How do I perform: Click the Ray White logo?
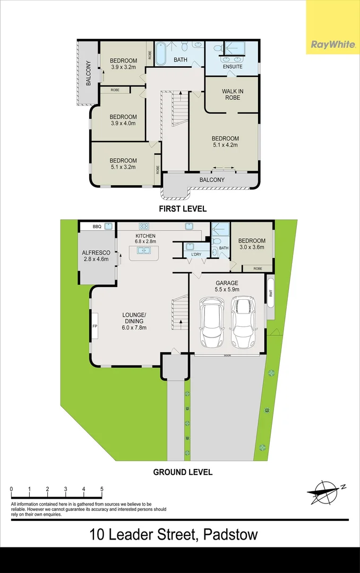333,45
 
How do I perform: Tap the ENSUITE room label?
233,66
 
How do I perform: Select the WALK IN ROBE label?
233,94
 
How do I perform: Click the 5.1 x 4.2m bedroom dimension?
225,145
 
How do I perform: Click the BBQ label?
97,227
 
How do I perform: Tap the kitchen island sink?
143,250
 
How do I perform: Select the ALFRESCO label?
96,253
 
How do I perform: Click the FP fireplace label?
95,326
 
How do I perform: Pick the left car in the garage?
213,323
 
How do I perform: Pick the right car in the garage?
243,323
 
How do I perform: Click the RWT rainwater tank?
271,293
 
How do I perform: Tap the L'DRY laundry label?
196,254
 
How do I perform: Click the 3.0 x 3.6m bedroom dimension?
252,247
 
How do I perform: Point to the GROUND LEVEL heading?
183,472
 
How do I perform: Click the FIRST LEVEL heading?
183,209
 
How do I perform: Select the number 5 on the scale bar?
102,489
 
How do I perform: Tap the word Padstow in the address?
230,535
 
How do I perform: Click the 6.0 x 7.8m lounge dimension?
134,327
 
